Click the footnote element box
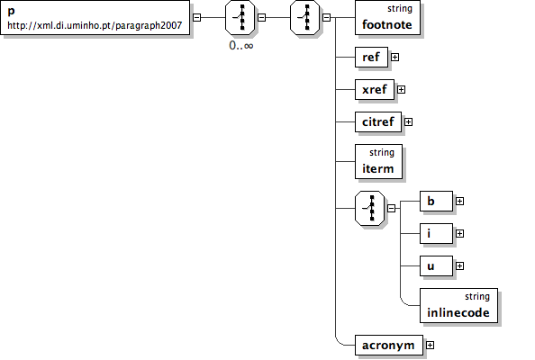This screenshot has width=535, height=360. [x=387, y=17]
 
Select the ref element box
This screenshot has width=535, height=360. [x=371, y=57]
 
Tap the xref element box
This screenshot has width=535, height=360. [x=375, y=89]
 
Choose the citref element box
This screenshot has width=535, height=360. [x=378, y=121]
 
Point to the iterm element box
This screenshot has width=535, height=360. [x=378, y=161]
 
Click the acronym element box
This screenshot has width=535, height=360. [x=389, y=345]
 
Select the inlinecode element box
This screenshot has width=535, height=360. [x=458, y=305]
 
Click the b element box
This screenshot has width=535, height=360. [x=436, y=201]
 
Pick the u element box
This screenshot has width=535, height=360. [x=436, y=265]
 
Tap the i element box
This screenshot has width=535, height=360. [x=436, y=233]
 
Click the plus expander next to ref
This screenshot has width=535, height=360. [x=394, y=57]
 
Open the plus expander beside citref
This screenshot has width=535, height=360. [x=408, y=121]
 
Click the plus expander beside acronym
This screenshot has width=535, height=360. [x=430, y=345]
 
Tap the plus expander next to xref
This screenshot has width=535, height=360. [x=402, y=89]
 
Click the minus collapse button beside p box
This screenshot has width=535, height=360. [x=197, y=17]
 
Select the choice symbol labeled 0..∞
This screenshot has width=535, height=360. [x=240, y=17]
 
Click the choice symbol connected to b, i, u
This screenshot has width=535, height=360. [x=369, y=208]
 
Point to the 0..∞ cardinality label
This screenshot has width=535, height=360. [x=241, y=45]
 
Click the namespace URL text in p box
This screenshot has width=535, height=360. [x=95, y=25]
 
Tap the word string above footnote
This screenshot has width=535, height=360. [x=400, y=8]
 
